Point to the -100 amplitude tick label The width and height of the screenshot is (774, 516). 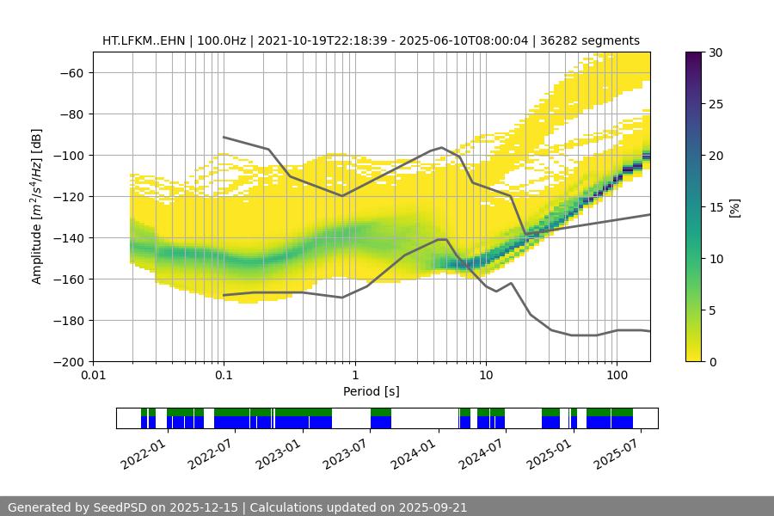71,155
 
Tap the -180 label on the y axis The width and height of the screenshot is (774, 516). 71,320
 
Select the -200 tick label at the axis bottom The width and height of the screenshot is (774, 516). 71,361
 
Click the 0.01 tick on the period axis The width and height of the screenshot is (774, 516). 93,376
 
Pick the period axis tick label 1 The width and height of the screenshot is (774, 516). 354,376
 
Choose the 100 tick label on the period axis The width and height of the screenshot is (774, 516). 616,376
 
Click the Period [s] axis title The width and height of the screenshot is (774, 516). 371,391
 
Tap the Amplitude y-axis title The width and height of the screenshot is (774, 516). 36,206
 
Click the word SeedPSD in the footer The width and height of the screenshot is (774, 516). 120,507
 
